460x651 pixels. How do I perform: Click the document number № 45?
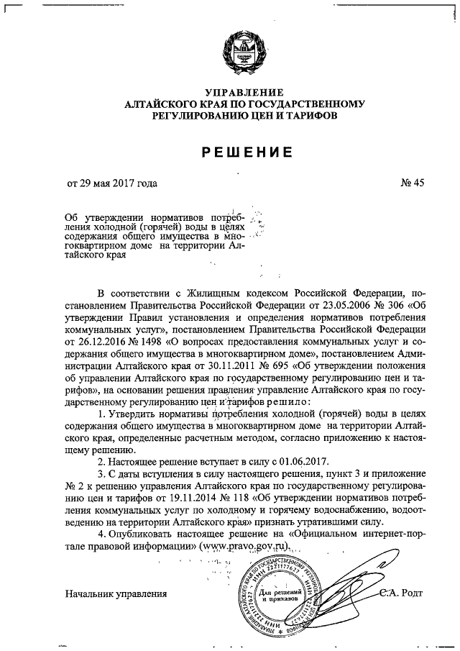[413, 183]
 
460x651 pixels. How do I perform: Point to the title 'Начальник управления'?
[116, 593]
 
